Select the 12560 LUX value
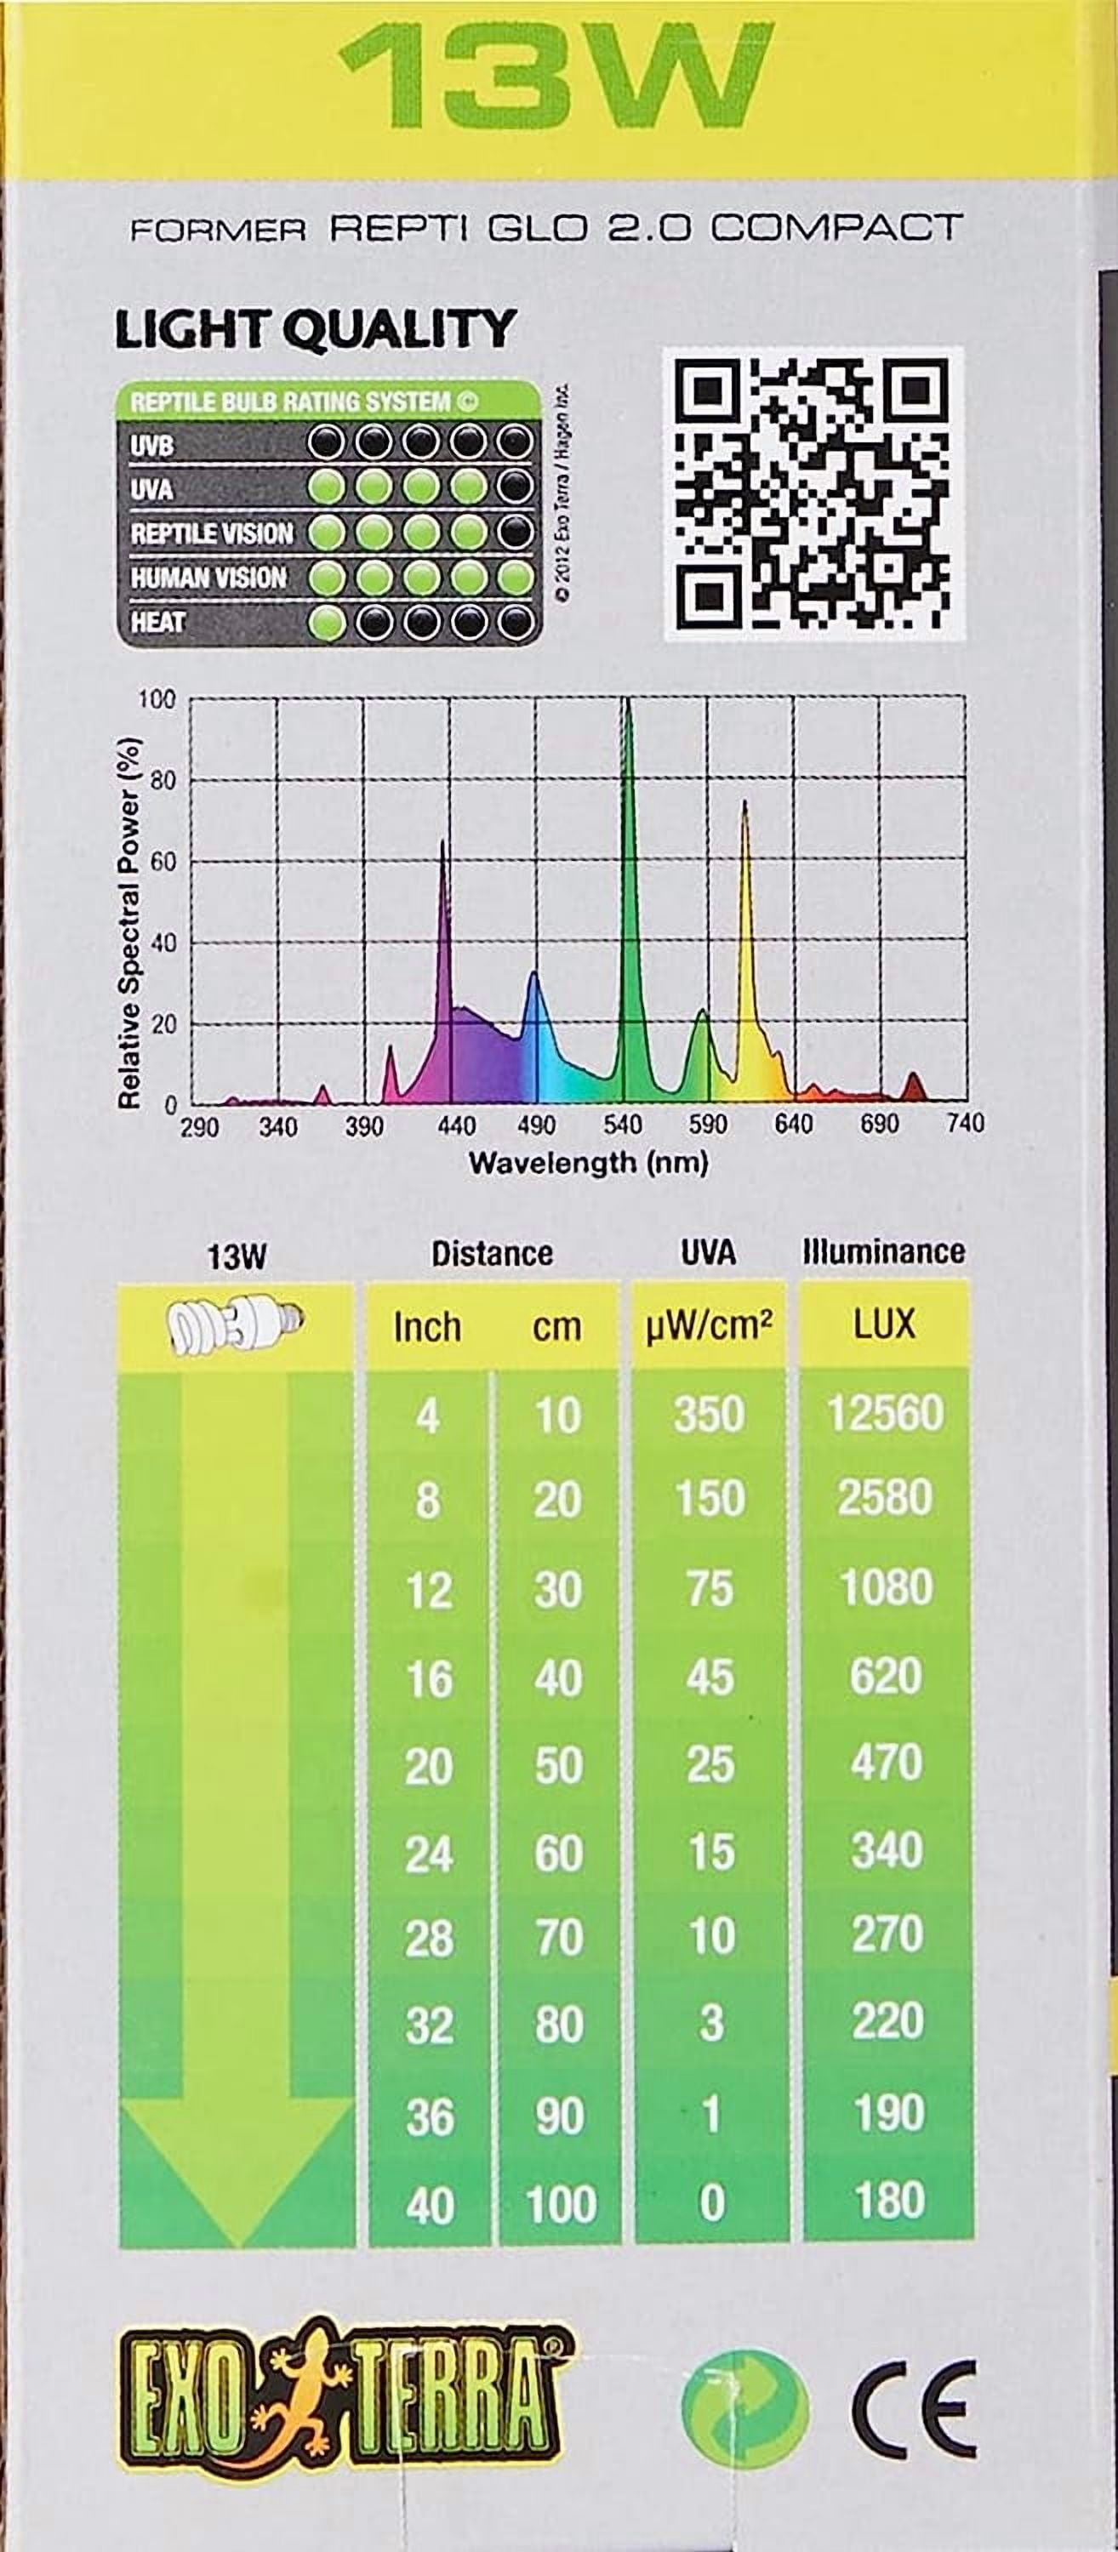(885, 1413)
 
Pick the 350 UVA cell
(709, 1414)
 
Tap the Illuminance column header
(883, 1251)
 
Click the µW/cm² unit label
(709, 1325)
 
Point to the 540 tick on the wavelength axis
(623, 1125)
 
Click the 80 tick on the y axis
(157, 781)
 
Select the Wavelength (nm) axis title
(589, 1163)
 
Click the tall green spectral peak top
(626, 705)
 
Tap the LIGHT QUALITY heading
(315, 330)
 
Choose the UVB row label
(152, 447)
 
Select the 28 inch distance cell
(428, 1939)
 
